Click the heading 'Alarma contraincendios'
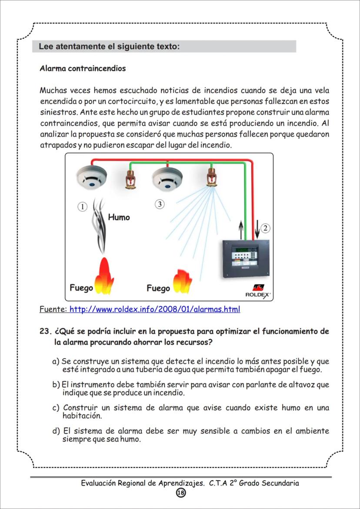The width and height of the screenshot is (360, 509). (83, 69)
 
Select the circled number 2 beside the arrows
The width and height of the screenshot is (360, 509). (266, 228)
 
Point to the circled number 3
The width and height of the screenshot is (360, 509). (160, 204)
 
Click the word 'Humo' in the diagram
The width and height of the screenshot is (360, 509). (119, 217)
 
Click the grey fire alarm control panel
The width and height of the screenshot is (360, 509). (246, 259)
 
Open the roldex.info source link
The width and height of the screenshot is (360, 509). (155, 309)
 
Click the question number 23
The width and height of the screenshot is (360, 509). (46, 332)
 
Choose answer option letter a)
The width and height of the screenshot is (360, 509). (56, 362)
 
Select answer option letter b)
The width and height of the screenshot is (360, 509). (56, 385)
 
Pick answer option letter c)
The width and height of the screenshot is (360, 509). (56, 408)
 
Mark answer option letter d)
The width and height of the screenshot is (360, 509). (56, 432)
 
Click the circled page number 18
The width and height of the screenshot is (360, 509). (180, 492)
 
